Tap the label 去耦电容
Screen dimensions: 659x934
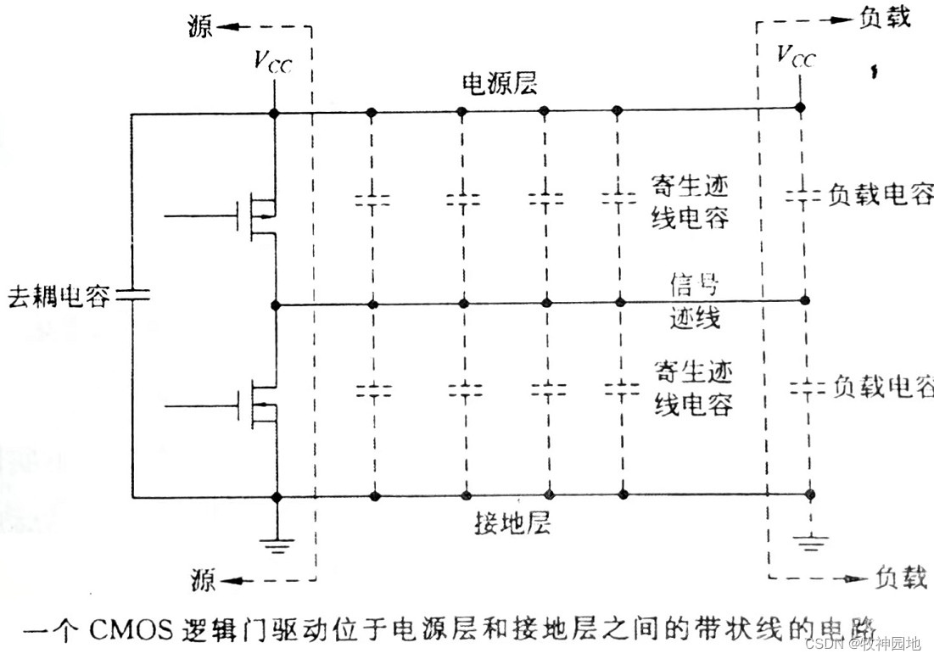[x=58, y=296]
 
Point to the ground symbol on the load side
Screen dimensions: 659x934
[x=813, y=539]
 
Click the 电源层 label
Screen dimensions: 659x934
[x=500, y=83]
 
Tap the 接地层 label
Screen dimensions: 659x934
[x=512, y=522]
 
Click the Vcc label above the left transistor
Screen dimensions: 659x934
[x=273, y=62]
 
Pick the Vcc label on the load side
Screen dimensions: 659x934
[x=798, y=56]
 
